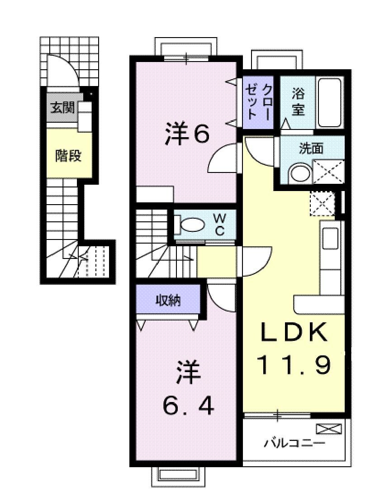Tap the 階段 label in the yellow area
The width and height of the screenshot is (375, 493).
68,156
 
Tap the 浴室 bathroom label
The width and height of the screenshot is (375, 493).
297,102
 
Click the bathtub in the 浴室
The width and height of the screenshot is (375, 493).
329,103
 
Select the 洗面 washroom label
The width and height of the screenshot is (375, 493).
311,148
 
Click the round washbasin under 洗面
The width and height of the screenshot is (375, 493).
299,172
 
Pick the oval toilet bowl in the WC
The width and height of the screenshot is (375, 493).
193,225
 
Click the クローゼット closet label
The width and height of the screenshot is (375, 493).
258,101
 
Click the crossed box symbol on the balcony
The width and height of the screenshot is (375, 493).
326,428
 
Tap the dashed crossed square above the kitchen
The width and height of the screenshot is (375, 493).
322,203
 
